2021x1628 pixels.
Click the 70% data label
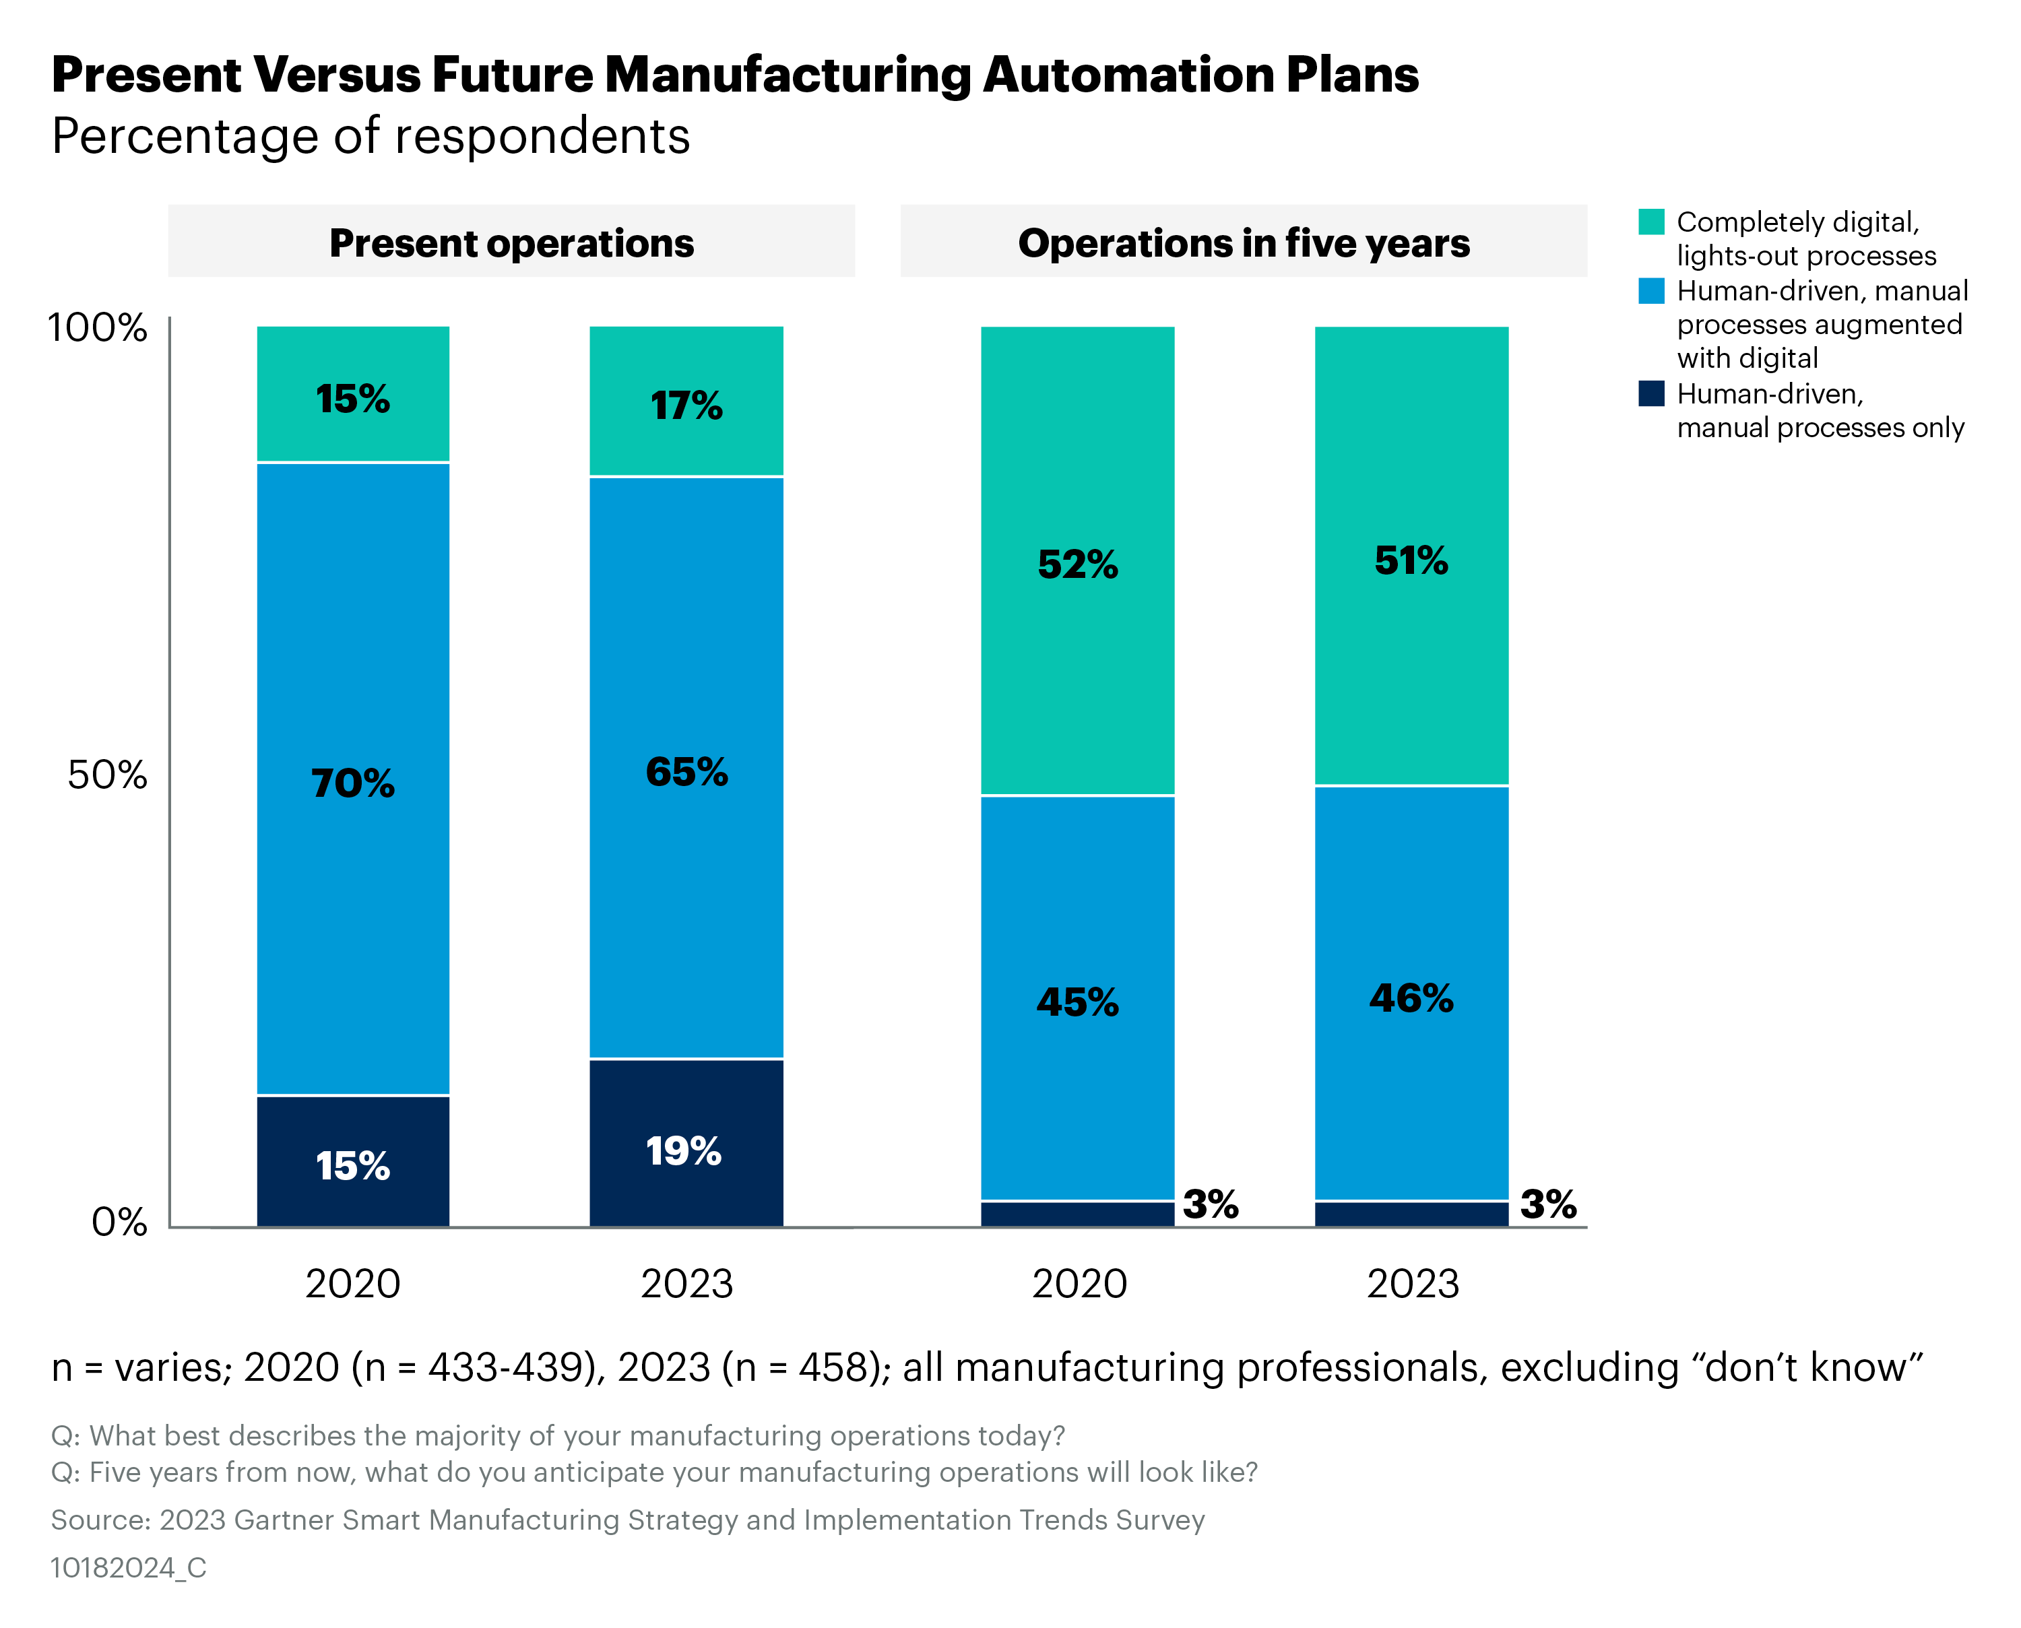tap(352, 783)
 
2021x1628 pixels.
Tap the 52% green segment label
tap(1078, 564)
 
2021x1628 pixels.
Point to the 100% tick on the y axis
tap(98, 328)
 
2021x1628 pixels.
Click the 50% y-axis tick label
tap(107, 775)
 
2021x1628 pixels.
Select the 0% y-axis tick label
tap(119, 1222)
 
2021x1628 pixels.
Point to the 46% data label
tap(1411, 998)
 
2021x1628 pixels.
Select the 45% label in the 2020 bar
tap(1078, 1002)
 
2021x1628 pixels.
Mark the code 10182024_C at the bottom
tap(129, 1568)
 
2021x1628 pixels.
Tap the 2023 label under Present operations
tap(686, 1284)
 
